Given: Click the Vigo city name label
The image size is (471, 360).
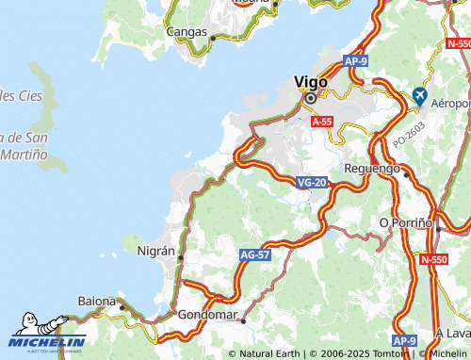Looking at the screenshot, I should coord(310,82).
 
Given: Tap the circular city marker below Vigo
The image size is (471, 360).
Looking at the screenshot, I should coord(310,97).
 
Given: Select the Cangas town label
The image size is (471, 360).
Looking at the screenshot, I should coord(187,31).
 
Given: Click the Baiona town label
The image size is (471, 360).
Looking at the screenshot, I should coord(97,301).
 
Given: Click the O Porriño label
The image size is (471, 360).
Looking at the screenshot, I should coord(405,221).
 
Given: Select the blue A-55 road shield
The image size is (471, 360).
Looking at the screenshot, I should coord(322,122).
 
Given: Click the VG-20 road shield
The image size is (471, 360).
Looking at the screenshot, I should coord(311,181).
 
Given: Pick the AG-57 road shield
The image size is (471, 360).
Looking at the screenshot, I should coord(254,254).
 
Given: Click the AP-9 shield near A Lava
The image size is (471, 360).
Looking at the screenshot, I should coord(404,340).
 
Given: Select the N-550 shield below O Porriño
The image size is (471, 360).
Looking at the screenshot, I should coord(434,259).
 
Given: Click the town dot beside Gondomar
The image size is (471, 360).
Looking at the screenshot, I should coord(243,320).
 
